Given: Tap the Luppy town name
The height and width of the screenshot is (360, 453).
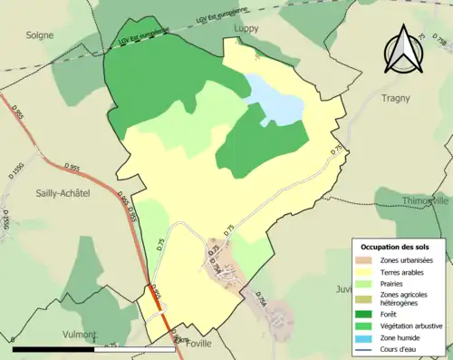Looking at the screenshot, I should [x=247, y=29].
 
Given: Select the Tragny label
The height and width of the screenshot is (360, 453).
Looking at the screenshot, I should [x=395, y=98].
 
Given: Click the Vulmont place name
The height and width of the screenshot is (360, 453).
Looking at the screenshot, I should [x=79, y=335].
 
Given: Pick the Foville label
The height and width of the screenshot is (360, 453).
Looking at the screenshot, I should [x=198, y=344].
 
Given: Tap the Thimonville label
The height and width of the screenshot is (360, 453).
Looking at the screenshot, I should [x=425, y=200].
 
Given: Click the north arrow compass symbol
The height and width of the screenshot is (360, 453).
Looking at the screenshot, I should [x=403, y=50].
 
